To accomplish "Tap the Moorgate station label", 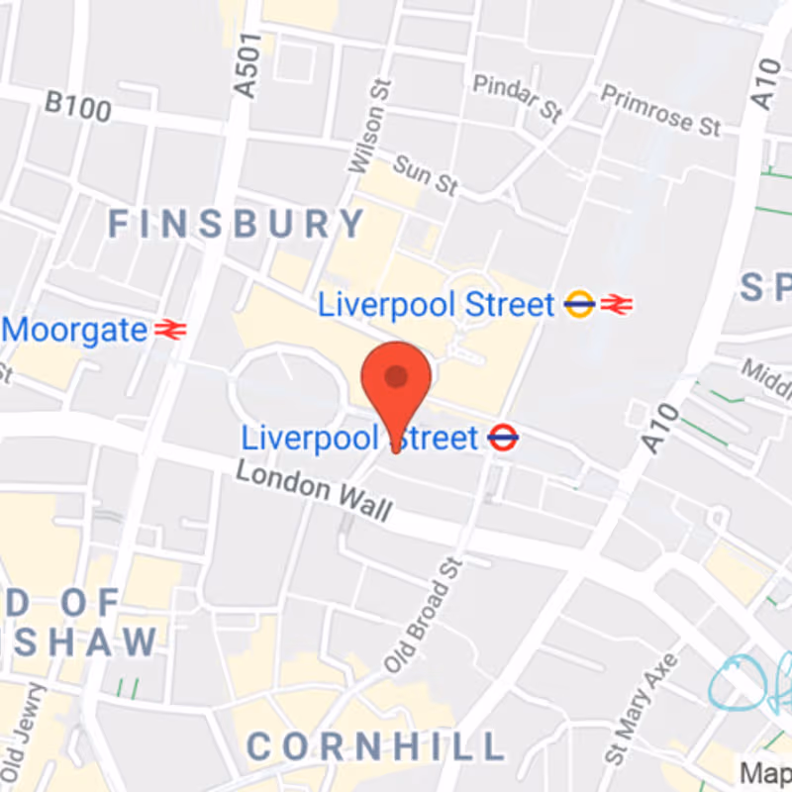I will pyautogui.click(x=75, y=330).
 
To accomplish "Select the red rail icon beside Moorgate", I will pyautogui.click(x=170, y=330).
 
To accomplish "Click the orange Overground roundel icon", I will pyautogui.click(x=579, y=305).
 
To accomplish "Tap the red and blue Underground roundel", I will pyautogui.click(x=503, y=437).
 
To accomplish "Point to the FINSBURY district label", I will pyautogui.click(x=236, y=225).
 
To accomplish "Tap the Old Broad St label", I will pyautogui.click(x=424, y=615).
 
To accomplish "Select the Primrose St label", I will pyautogui.click(x=660, y=109).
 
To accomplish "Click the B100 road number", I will pyautogui.click(x=78, y=105).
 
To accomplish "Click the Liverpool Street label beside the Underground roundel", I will pyautogui.click(x=359, y=438).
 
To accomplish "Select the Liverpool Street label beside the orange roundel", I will pyautogui.click(x=436, y=305).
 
